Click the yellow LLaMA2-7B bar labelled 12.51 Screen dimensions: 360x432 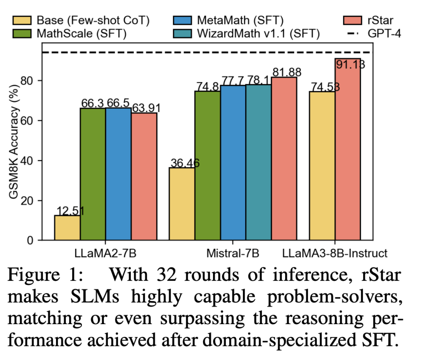pyautogui.click(x=67, y=228)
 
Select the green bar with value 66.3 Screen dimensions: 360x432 pyautogui.click(x=93, y=175)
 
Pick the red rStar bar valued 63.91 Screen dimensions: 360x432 pyautogui.click(x=144, y=177)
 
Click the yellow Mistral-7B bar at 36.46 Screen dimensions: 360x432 pyautogui.click(x=182, y=204)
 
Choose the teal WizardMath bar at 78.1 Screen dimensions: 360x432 pyautogui.click(x=259, y=163)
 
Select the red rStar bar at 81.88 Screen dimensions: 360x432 pyautogui.click(x=284, y=159)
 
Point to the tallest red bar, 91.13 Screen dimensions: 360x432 pyautogui.click(x=348, y=150)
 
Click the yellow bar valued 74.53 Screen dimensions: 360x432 pyautogui.click(x=322, y=166)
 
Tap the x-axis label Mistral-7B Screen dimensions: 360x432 pyautogui.click(x=232, y=254)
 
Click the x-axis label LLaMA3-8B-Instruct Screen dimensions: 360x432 pyautogui.click(x=335, y=254)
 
